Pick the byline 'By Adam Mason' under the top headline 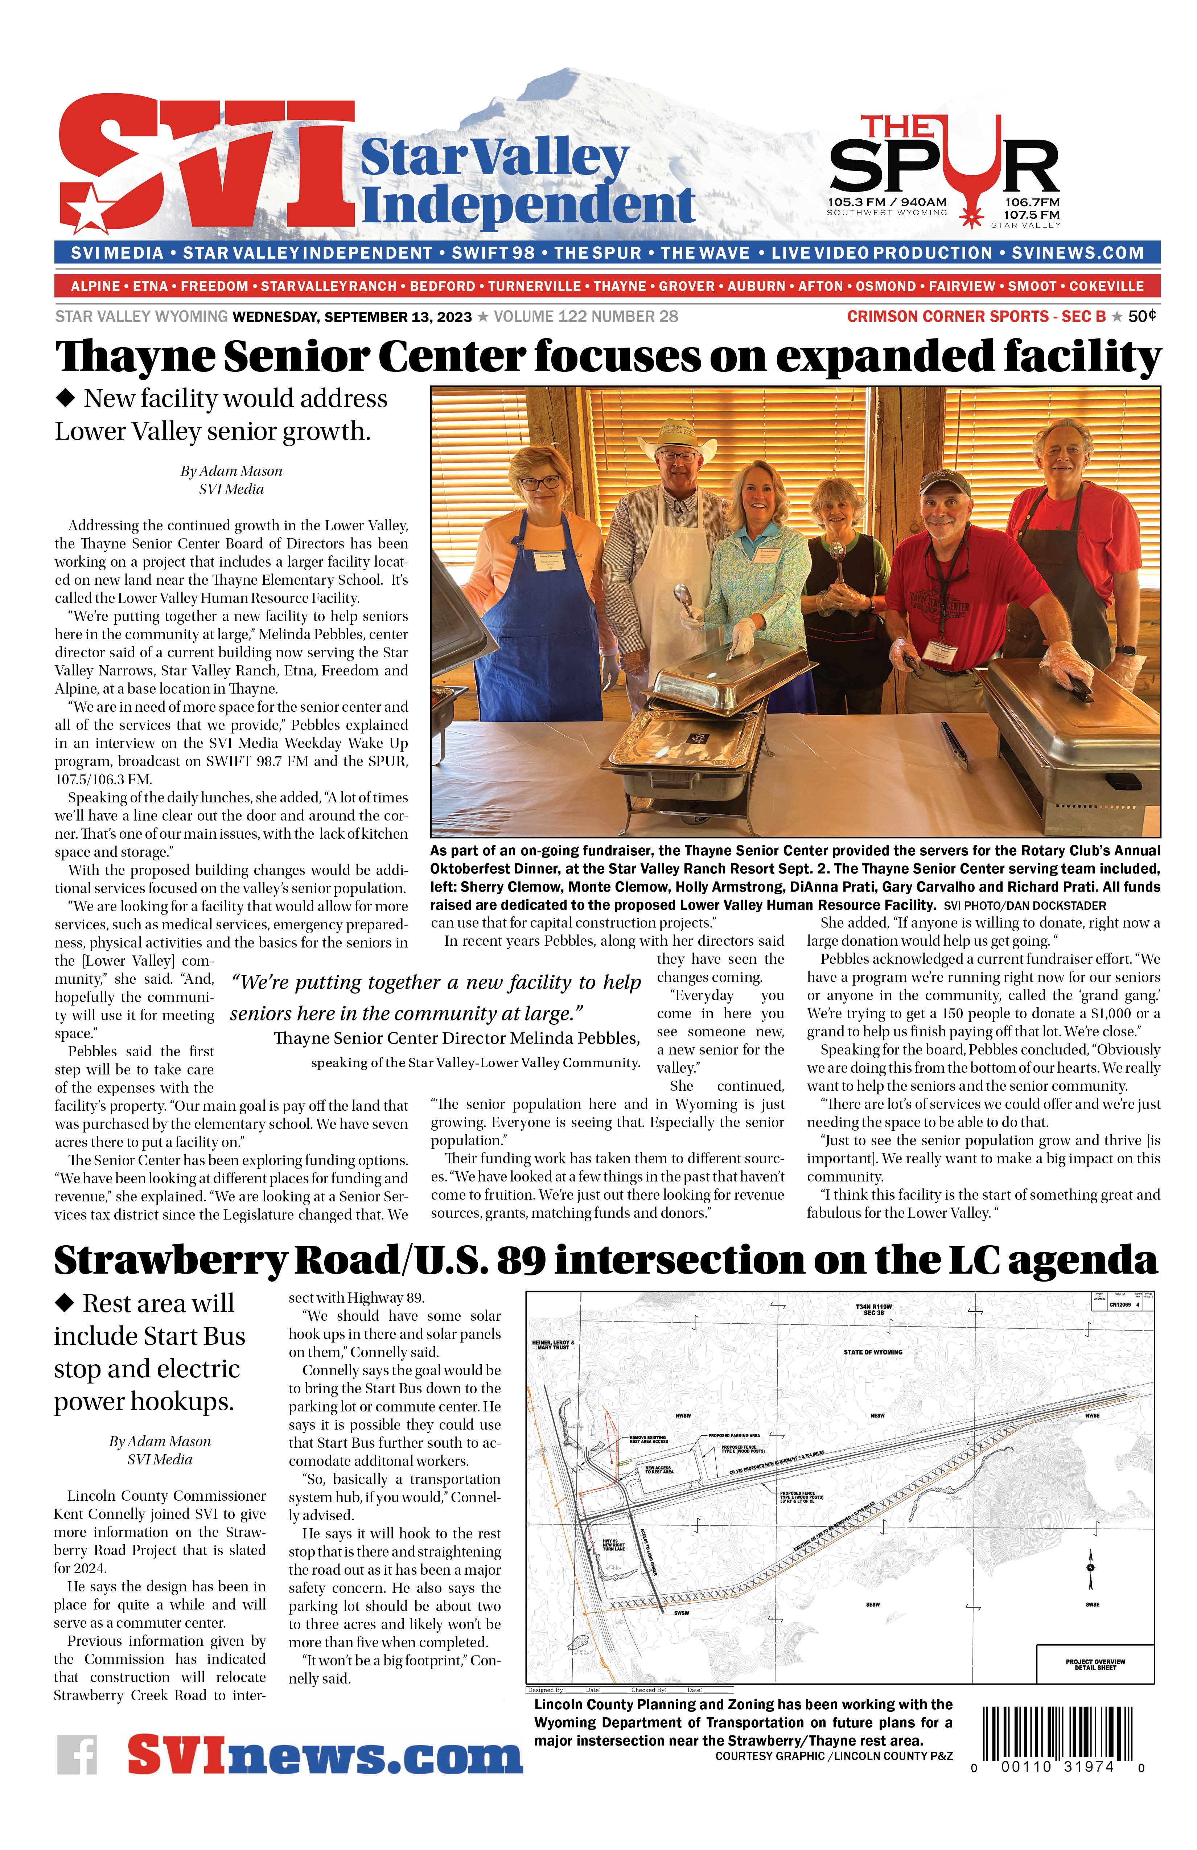pos(231,471)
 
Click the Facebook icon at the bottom pos(77,1754)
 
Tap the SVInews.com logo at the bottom pos(325,1754)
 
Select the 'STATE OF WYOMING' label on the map pos(873,1352)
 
